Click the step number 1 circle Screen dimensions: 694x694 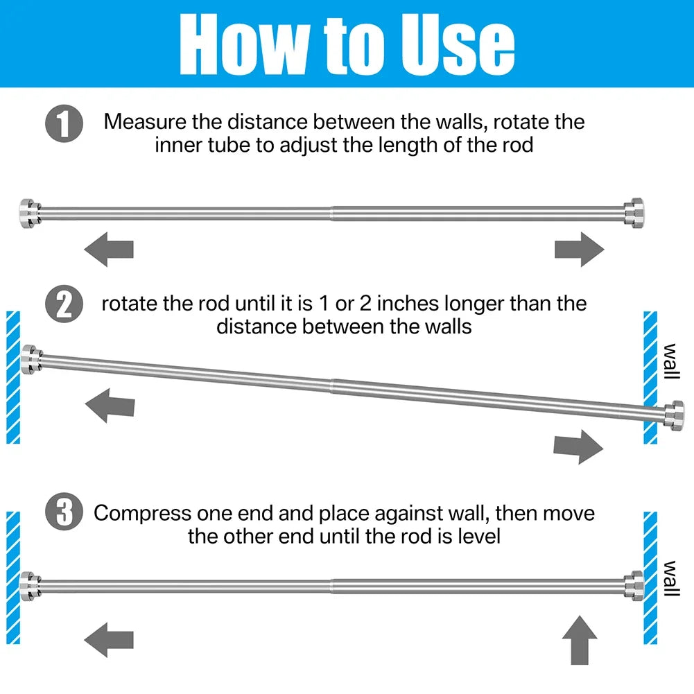[64, 123]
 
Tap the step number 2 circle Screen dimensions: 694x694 [64, 304]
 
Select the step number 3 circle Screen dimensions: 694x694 [64, 511]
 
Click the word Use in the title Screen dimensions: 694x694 [458, 44]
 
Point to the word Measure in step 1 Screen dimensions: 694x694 [145, 122]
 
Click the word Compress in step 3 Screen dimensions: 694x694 [142, 514]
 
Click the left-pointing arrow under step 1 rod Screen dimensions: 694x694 [109, 249]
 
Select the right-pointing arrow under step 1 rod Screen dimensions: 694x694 [580, 249]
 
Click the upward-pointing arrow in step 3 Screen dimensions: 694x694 [580, 640]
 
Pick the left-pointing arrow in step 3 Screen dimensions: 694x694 [109, 639]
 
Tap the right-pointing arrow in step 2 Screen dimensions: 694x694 [578, 446]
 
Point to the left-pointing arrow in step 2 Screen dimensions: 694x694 [110, 406]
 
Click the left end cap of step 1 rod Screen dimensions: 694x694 [31, 214]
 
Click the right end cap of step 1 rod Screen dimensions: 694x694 [634, 214]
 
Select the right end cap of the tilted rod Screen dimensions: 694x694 [674, 415]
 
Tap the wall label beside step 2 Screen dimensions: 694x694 [670, 361]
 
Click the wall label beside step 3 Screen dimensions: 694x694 [670, 578]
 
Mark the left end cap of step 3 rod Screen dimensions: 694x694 [31, 586]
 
